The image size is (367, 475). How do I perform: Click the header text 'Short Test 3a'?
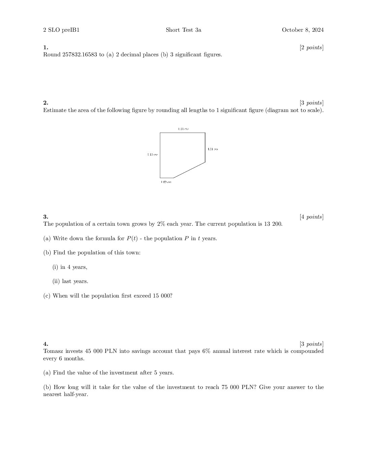coord(183,30)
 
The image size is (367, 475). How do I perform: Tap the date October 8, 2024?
coord(303,30)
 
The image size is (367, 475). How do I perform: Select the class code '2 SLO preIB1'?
coord(61,30)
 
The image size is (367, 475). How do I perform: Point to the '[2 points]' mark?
coord(311,48)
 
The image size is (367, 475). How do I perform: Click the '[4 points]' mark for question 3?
coord(311,217)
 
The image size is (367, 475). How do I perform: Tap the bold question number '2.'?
coord(46,103)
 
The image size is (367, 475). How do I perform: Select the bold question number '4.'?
coord(46,344)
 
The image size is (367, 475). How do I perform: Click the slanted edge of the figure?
coord(189,170)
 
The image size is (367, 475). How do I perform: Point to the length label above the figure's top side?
coord(183,129)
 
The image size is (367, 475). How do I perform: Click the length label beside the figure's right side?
coord(213,149)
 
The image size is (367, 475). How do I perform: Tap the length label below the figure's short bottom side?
coord(166,182)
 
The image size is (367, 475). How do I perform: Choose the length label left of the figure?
coord(152,155)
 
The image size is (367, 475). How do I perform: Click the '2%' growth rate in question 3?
coord(161,224)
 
